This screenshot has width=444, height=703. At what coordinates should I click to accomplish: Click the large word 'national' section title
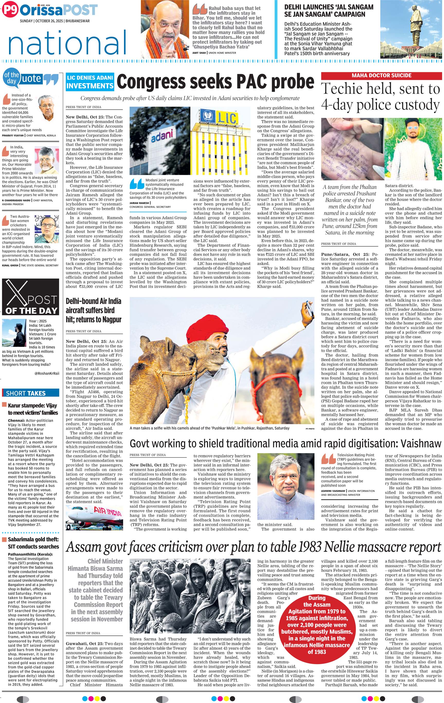point(67,43)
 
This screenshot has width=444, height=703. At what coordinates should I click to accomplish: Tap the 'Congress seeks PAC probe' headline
point(215,82)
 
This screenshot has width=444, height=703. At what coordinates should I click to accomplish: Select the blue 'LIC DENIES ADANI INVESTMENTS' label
point(90,82)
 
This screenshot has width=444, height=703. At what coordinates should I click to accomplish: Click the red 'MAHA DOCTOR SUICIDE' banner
point(381,76)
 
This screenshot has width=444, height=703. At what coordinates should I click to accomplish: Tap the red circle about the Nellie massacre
point(316,625)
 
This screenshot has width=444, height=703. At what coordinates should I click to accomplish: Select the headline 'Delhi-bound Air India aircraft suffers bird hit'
point(93,310)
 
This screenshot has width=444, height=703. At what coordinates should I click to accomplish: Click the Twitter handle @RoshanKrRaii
point(47,373)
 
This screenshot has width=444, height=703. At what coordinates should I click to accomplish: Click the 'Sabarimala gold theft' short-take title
point(33,543)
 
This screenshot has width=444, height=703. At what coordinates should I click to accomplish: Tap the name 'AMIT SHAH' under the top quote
point(199,53)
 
